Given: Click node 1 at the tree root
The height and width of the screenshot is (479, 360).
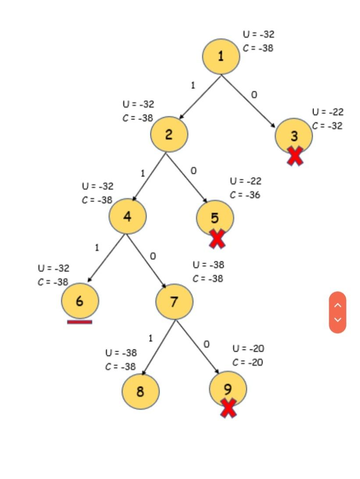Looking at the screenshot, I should [221, 57].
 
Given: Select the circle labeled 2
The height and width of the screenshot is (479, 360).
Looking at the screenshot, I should [169, 135].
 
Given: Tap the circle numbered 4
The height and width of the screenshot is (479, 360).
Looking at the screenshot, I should [128, 216].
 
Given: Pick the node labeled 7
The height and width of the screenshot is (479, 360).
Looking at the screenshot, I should [174, 302].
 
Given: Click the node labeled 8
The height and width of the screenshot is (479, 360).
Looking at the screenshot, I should [140, 391].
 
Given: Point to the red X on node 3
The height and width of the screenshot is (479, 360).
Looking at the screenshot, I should [295, 156].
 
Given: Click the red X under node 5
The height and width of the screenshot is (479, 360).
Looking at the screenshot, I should [217, 239].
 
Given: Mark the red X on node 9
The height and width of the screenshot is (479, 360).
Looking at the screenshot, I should [228, 408].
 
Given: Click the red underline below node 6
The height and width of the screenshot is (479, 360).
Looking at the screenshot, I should [80, 322].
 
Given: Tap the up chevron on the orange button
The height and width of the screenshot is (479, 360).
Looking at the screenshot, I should [338, 305].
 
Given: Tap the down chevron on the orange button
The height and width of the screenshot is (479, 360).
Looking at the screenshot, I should [338, 319].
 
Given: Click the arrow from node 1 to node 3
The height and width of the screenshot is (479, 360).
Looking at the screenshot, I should [248, 101].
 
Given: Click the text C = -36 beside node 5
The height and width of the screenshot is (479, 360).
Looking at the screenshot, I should [245, 195].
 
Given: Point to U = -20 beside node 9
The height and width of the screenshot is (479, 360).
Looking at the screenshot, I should [248, 349].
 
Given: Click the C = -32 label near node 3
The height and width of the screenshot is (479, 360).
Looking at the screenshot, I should [327, 126].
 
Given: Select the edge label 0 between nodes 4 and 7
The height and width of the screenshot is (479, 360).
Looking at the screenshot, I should [153, 256].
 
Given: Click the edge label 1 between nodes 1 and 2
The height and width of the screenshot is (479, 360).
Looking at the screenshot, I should [193, 85].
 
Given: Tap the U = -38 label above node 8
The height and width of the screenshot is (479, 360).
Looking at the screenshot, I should [121, 353].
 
